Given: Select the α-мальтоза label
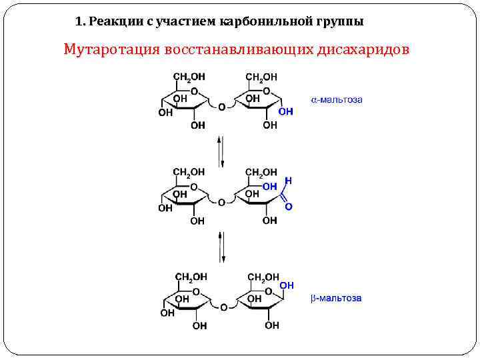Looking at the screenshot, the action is (x=337, y=100).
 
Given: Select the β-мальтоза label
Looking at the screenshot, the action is (x=336, y=298).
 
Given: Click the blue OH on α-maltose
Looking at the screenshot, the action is (x=285, y=112).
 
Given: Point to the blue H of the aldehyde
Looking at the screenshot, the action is (x=288, y=181).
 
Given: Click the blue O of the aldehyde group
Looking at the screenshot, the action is (x=288, y=207).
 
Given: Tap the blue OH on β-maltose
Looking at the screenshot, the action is (x=287, y=285).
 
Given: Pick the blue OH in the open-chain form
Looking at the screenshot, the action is (x=270, y=187).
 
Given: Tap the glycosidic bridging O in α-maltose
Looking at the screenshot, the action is (x=221, y=106).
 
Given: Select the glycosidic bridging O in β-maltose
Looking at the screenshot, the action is (x=223, y=307).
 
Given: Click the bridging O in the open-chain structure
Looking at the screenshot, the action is (x=221, y=202).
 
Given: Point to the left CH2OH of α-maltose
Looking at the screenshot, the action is (x=190, y=77).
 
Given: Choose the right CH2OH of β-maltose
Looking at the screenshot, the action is (x=263, y=277).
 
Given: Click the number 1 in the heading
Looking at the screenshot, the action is (x=79, y=21).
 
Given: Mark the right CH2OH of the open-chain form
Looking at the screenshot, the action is (x=261, y=173).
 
